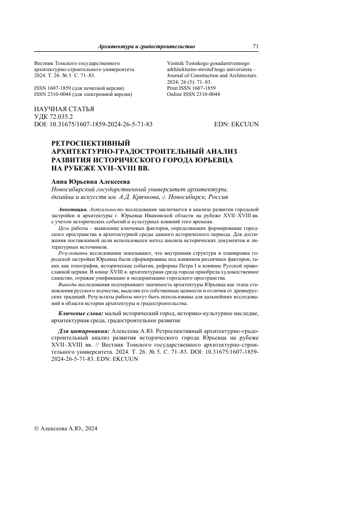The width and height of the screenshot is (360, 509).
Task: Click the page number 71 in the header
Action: coord(255,46)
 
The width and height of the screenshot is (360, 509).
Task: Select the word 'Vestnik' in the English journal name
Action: coord(176,63)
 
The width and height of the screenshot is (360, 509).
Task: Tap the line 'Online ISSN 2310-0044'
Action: coord(193,94)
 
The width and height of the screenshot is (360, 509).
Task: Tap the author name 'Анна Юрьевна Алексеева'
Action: coord(90,181)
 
